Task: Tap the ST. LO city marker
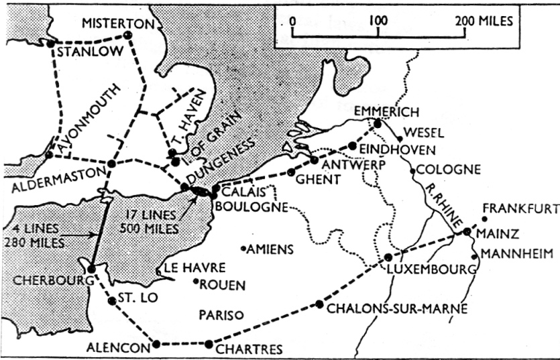(111, 301)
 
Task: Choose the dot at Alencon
(157, 344)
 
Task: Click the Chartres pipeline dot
(209, 344)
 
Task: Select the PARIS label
(219, 314)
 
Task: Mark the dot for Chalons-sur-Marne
(319, 305)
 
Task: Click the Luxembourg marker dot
(388, 257)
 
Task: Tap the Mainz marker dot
(467, 232)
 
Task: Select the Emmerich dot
(378, 123)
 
